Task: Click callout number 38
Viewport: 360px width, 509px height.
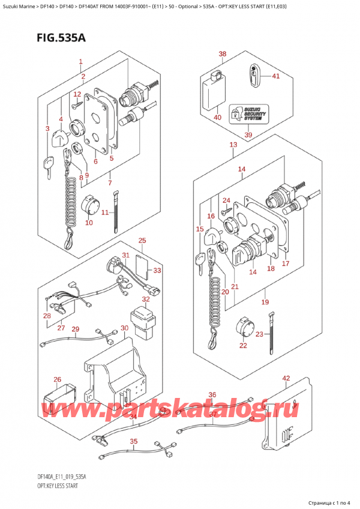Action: pyautogui.click(x=223, y=55)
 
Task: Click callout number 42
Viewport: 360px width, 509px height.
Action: pyautogui.click(x=286, y=378)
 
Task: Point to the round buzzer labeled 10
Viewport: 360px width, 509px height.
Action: pyautogui.click(x=92, y=205)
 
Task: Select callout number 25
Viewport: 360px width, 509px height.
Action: pyautogui.click(x=142, y=241)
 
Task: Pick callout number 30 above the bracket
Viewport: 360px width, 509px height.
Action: pyautogui.click(x=124, y=328)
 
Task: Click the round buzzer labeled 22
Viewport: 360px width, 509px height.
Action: pyautogui.click(x=243, y=327)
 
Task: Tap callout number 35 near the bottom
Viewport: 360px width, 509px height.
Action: pyautogui.click(x=133, y=441)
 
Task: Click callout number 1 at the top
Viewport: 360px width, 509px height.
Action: pyautogui.click(x=80, y=61)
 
